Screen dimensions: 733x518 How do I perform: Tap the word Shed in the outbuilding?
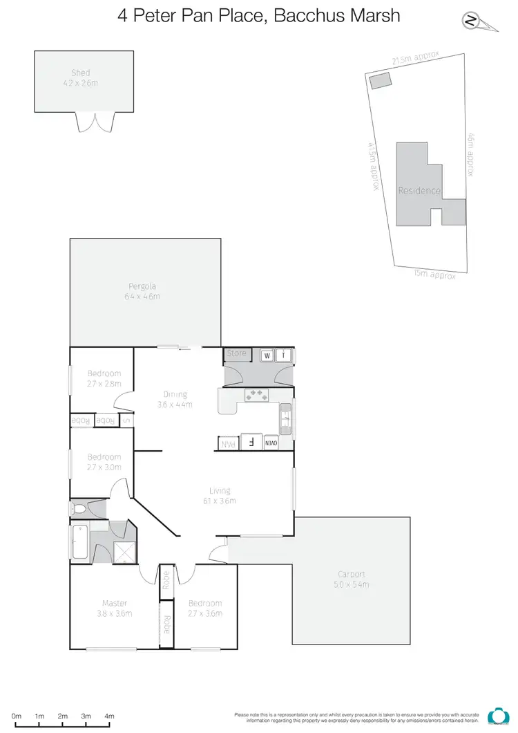[81, 73]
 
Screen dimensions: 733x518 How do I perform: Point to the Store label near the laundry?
[237, 353]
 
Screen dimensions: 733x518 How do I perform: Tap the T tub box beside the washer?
[284, 355]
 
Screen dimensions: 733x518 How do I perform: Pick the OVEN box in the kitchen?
[270, 443]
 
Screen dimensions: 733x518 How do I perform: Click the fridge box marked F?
[251, 443]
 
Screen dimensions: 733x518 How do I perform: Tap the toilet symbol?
[79, 510]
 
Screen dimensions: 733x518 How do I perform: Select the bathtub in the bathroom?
[78, 543]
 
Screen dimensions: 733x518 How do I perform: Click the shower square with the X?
[124, 550]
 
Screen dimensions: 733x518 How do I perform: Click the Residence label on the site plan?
[419, 190]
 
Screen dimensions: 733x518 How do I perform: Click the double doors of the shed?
[95, 122]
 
